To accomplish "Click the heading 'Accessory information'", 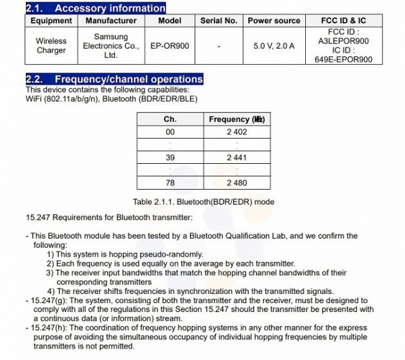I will point(110,8).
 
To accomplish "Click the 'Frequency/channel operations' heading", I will point(128,80).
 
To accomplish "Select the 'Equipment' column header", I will point(51,21).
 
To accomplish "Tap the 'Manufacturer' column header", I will point(111,21).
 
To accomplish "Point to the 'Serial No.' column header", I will point(218,21).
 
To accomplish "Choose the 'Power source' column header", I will point(273,21).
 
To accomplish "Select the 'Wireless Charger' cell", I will point(51,45).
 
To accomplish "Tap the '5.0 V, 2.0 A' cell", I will point(273,46).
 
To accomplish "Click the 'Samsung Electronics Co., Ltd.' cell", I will point(111,46).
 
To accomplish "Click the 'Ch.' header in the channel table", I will point(170,120).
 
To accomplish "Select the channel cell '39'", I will point(170,157).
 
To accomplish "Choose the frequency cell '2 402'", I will point(237,132).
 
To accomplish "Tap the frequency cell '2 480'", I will point(237,183).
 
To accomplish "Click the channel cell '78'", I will point(170,183).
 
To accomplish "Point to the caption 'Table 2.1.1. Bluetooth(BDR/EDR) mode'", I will point(203,201).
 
